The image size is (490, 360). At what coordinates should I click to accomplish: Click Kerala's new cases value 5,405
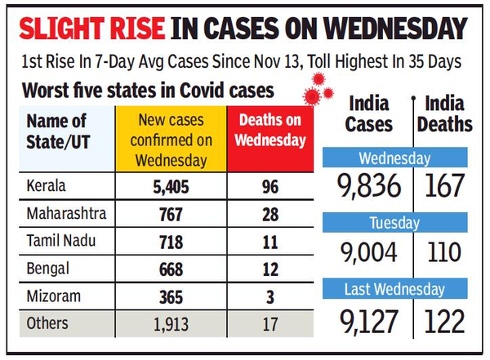click(x=170, y=188)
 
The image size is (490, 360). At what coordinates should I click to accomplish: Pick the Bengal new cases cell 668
click(x=170, y=268)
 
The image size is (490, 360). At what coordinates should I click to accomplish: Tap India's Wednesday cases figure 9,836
click(x=369, y=186)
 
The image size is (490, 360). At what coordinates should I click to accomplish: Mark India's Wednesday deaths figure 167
click(x=444, y=186)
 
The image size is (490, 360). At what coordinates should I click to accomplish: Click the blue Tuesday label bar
click(x=395, y=222)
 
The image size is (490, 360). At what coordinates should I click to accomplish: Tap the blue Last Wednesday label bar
click(x=395, y=289)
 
